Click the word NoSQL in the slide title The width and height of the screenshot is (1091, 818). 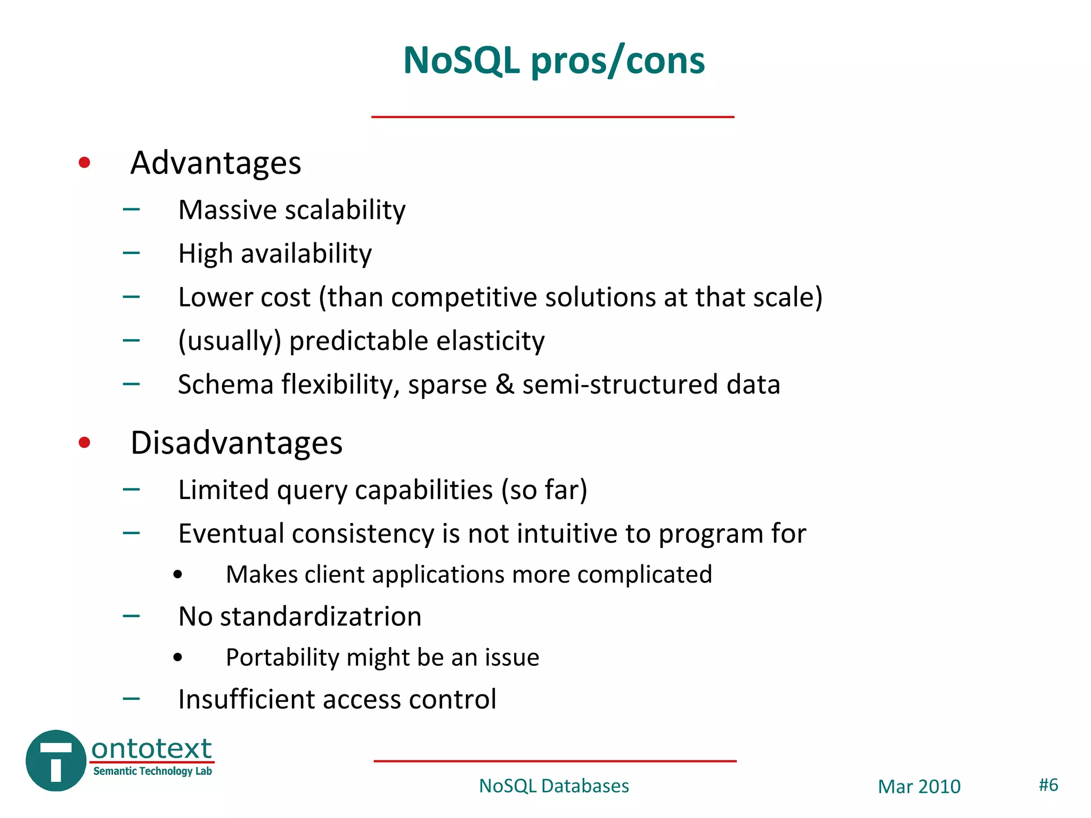pyautogui.click(x=461, y=60)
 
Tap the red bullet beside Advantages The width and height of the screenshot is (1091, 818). pyautogui.click(x=84, y=162)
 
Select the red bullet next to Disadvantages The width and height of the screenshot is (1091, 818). pyautogui.click(x=84, y=442)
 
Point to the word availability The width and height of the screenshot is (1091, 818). pyautogui.click(x=306, y=254)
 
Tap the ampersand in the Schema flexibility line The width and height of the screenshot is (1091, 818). pyautogui.click(x=504, y=385)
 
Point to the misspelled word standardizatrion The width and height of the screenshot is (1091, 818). pyautogui.click(x=321, y=617)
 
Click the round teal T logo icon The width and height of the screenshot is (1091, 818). pyautogui.click(x=56, y=760)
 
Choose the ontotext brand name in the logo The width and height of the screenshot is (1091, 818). pyautogui.click(x=152, y=749)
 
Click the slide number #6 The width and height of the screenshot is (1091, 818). pyautogui.click(x=1048, y=785)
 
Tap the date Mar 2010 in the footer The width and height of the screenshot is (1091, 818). pyautogui.click(x=919, y=787)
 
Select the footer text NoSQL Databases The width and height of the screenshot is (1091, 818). pyautogui.click(x=554, y=786)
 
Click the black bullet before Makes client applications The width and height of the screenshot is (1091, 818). pyautogui.click(x=178, y=575)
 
